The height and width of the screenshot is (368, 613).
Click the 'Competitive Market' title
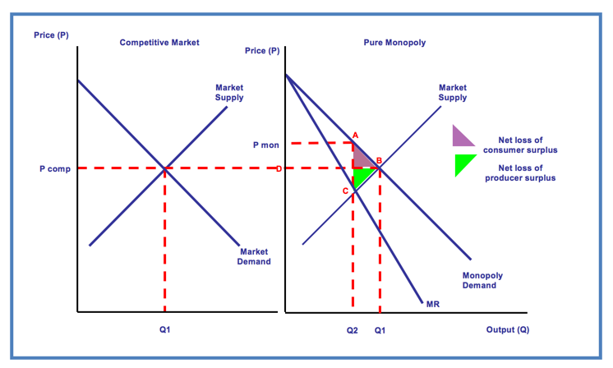click(x=159, y=43)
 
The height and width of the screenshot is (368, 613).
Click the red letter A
click(x=355, y=134)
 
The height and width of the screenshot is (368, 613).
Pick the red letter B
click(x=379, y=160)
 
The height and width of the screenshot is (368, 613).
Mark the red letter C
click(x=346, y=191)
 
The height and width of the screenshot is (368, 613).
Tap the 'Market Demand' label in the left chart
click(x=254, y=256)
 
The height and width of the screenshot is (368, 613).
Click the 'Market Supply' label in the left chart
click(x=229, y=92)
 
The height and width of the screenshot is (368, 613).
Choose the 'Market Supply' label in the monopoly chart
click(x=453, y=92)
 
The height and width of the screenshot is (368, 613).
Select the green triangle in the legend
click(x=463, y=164)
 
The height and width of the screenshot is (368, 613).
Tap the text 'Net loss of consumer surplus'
click(x=520, y=145)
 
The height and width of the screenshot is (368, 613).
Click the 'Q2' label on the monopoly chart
click(x=353, y=330)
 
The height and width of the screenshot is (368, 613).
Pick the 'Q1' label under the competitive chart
click(x=165, y=330)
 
